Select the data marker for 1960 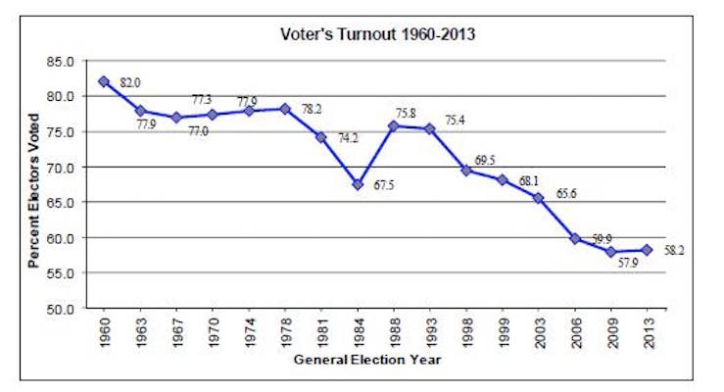click(104, 81)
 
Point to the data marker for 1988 click(392, 125)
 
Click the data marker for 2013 click(647, 250)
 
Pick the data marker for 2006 click(574, 238)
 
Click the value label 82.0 click(131, 83)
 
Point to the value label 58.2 click(674, 251)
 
